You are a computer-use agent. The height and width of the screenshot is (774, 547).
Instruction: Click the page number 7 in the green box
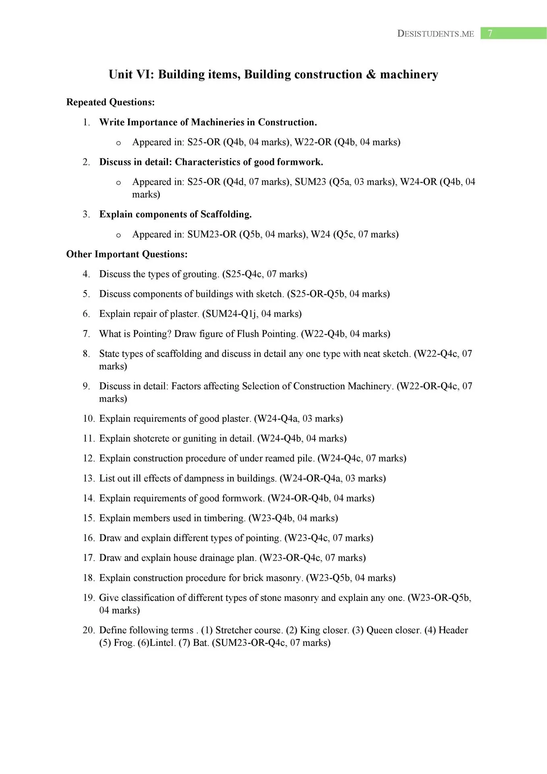pos(490,33)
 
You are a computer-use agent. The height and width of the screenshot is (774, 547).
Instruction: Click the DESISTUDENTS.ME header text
pos(435,34)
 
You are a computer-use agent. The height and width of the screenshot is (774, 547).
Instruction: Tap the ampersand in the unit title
pos(371,75)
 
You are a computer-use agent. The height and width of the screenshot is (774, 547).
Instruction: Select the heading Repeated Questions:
pos(110,102)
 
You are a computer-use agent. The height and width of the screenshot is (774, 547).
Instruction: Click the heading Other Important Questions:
pos(127,254)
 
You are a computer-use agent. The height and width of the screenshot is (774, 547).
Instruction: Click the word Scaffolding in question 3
pos(225,214)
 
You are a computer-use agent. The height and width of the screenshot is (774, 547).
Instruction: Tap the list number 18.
pos(88,578)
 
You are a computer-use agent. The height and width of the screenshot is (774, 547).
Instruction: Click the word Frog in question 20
pos(123,643)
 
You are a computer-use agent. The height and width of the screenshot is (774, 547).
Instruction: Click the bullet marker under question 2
pos(118,183)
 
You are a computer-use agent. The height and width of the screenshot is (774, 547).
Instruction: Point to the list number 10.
pos(88,419)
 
